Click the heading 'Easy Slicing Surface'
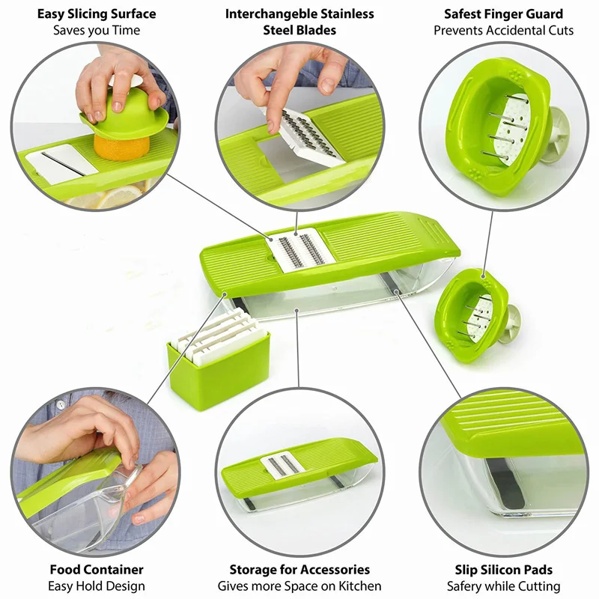point(97,13)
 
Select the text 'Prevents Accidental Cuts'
point(503,30)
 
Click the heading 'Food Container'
point(97,570)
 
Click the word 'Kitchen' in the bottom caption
point(360,586)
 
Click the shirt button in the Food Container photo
point(61,404)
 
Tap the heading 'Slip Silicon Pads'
point(503,570)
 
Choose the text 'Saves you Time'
point(97,30)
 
